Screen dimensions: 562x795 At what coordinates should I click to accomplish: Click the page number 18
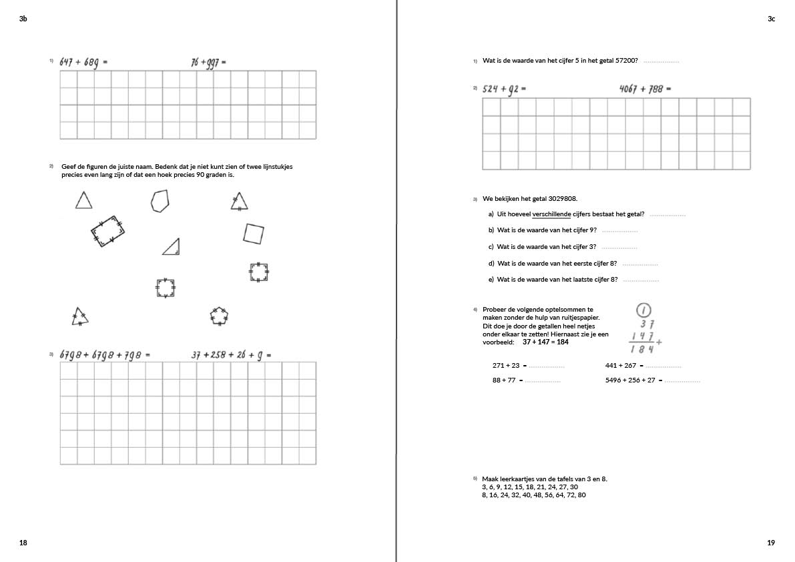pos(23,543)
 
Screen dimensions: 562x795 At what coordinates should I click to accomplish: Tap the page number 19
pos(771,543)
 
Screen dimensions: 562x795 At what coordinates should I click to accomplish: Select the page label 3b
pos(23,19)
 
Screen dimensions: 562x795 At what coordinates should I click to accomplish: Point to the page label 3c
pos(771,19)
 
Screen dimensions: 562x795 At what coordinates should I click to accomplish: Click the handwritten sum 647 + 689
pos(80,62)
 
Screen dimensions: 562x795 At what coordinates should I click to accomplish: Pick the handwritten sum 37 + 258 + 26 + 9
pos(228,355)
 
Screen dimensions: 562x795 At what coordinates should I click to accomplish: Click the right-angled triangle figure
pos(172,248)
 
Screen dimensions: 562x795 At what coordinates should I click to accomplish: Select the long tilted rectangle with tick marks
pos(107,231)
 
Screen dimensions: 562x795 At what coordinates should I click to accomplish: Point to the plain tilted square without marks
pos(254,234)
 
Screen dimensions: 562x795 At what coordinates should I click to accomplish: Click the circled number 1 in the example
pos(643,310)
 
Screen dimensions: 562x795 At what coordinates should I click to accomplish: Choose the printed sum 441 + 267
pos(621,366)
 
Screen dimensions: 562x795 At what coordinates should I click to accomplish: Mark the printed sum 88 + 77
pos(504,380)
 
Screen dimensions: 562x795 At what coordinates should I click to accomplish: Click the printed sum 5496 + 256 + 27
pos(630,380)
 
